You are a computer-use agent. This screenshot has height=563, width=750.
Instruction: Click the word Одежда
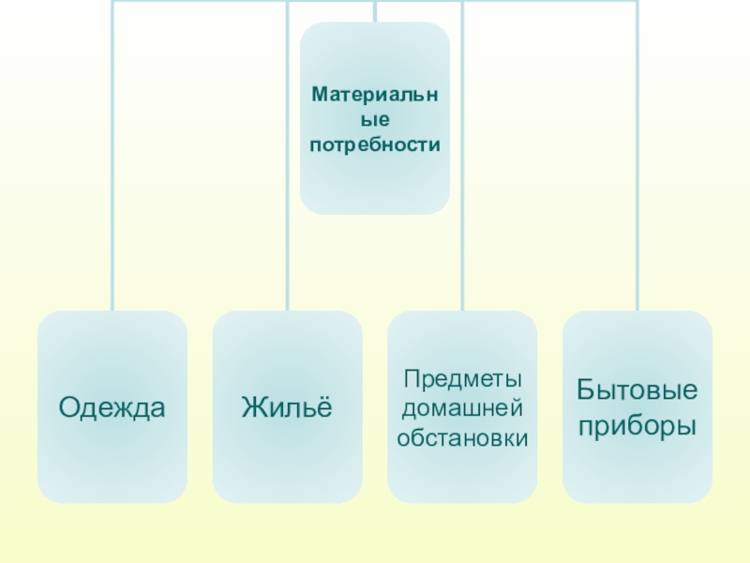(x=112, y=407)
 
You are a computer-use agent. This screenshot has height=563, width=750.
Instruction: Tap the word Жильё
(x=287, y=407)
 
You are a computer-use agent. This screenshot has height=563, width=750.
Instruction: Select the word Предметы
(x=462, y=379)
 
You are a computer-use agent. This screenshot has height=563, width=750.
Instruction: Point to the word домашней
(x=462, y=408)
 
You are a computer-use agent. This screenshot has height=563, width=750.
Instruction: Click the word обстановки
(x=462, y=437)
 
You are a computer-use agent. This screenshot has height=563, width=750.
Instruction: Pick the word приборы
(x=637, y=425)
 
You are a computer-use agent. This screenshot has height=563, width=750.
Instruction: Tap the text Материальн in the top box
(x=375, y=96)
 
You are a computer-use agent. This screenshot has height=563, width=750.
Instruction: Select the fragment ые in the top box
(x=375, y=120)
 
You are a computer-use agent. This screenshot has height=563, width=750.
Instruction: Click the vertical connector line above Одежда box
(x=112, y=188)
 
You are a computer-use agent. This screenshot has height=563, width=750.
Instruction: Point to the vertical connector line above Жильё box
(x=288, y=188)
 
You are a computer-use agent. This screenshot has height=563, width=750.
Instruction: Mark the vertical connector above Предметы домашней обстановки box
(x=462, y=188)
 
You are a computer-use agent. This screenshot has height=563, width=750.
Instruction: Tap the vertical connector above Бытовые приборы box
(x=637, y=188)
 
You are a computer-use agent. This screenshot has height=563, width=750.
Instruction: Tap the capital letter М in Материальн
(x=318, y=96)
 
